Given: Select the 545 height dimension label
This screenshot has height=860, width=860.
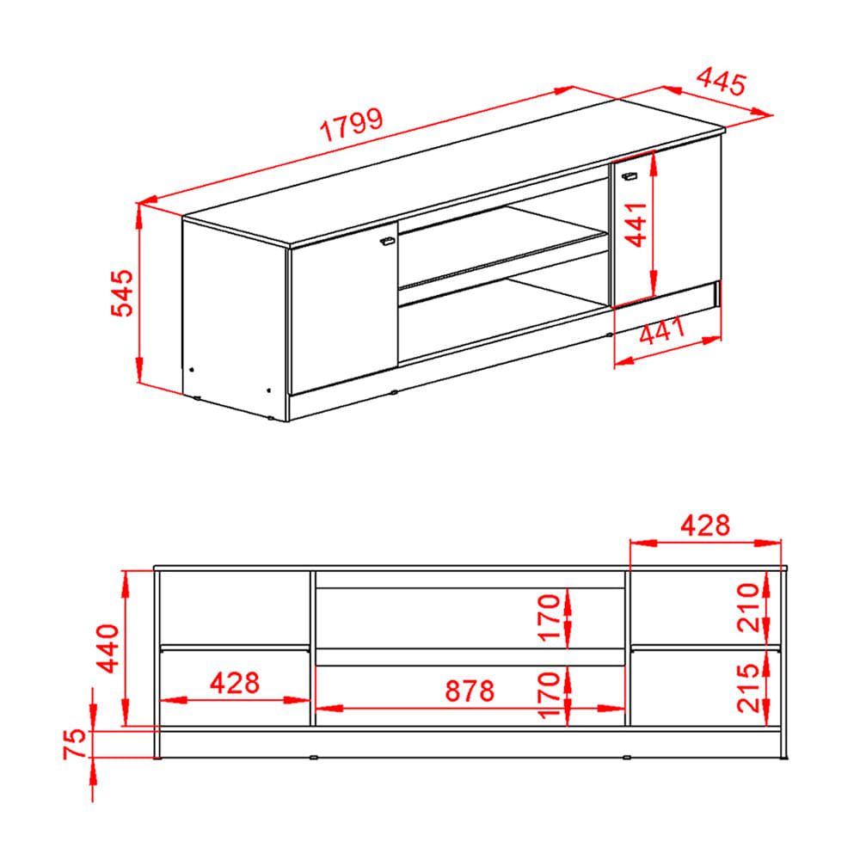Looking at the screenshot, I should point(124,292).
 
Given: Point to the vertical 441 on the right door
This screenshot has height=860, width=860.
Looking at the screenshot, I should point(637,224).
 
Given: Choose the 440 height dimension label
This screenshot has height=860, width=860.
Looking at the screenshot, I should point(110,648).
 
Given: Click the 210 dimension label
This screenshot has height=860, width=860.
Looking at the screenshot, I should point(750,607).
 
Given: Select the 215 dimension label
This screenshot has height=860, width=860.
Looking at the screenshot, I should point(750,688).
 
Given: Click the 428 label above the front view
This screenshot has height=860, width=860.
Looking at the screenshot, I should point(705,525).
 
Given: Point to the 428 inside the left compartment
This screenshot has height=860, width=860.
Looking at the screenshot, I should point(235,684).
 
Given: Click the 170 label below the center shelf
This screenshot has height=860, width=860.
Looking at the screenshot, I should point(551,694).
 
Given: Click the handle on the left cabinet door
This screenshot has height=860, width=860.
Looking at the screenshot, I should point(387,241).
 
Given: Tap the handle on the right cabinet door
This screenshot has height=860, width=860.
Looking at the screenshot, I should point(629,175).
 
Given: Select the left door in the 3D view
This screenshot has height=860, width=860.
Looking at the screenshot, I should point(342,314).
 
